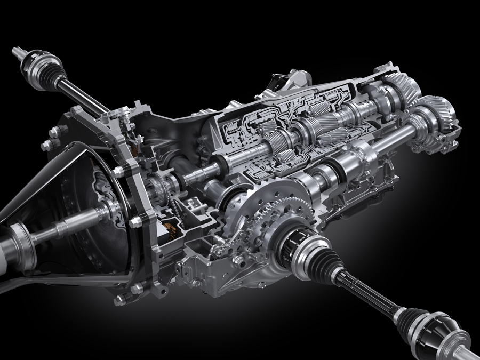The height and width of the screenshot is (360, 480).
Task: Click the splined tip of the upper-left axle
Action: pos(15,52)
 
